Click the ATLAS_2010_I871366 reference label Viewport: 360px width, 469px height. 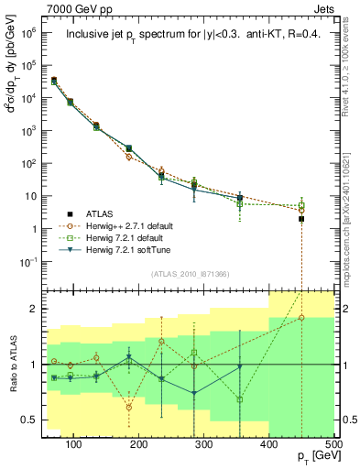pos(188,273)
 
